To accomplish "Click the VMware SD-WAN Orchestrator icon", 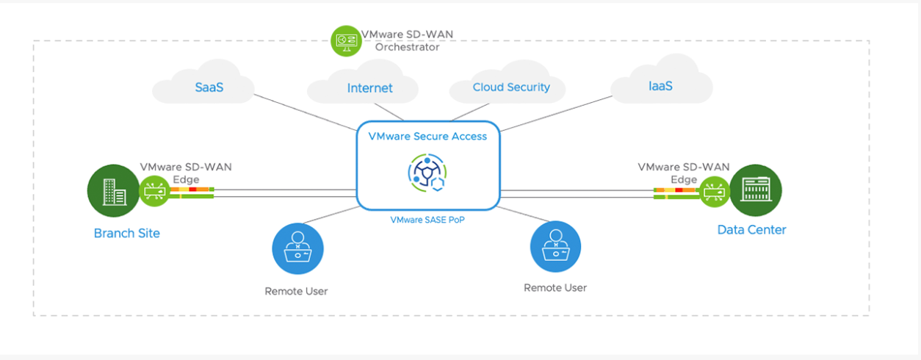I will coord(344,39).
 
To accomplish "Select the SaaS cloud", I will coord(209,87).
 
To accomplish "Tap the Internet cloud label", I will coord(369,88).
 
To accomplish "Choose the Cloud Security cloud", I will coord(511,87).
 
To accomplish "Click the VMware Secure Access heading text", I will coord(427,136).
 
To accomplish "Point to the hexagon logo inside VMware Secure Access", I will coord(427,173).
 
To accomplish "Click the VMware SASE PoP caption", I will coord(427,219).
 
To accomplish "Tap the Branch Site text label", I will coord(126,234).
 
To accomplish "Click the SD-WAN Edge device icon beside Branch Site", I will coord(154,192).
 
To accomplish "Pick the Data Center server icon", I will coord(756,190).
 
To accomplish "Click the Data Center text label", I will coord(751,230).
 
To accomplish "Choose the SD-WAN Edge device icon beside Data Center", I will coord(713,192).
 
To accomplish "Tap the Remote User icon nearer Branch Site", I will coord(297,248).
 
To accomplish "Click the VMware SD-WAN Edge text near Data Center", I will coord(683,173).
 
